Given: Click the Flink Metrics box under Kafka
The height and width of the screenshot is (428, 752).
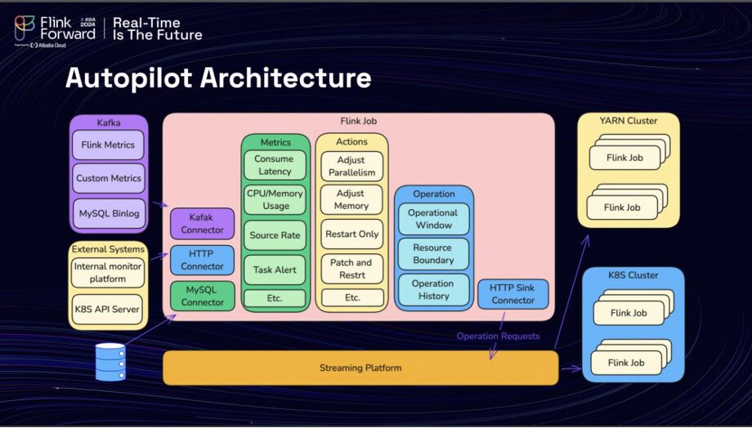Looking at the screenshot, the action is tap(108, 145).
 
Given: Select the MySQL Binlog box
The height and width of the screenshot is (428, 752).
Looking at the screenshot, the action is tap(109, 213).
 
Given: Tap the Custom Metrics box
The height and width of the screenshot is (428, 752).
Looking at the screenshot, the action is tap(109, 178).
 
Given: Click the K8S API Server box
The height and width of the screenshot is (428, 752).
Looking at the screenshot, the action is tap(107, 309).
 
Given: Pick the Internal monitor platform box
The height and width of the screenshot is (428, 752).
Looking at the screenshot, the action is tap(108, 273).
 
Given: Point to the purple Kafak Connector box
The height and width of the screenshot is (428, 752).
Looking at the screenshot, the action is tap(202, 223).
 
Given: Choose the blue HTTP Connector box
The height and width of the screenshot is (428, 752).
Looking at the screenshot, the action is tap(202, 260).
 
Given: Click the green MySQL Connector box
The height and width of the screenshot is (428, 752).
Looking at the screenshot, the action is tap(202, 296).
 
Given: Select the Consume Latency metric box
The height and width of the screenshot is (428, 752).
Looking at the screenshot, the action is tap(275, 165).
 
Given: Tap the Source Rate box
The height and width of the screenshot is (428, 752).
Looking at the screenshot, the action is tap(275, 235).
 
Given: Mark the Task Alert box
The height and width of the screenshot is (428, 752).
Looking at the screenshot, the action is tap(275, 270).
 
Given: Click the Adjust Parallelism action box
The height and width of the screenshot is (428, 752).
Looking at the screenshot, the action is tap(351, 167).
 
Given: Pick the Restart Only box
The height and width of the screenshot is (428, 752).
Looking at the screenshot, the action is tap(352, 234).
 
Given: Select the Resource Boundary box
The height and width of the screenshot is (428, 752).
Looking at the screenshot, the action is tap(433, 254).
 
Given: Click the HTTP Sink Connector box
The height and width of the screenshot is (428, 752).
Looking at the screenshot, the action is tap(513, 294).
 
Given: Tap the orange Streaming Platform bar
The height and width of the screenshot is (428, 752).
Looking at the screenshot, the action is tap(360, 368).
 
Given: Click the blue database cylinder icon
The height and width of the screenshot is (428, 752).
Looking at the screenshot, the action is tap(110, 362).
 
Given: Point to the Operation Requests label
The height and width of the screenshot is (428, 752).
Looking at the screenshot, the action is tap(498, 336).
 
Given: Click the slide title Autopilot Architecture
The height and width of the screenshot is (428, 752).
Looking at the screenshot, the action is tap(218, 77).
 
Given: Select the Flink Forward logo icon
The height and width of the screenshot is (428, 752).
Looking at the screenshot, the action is tap(25, 27).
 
